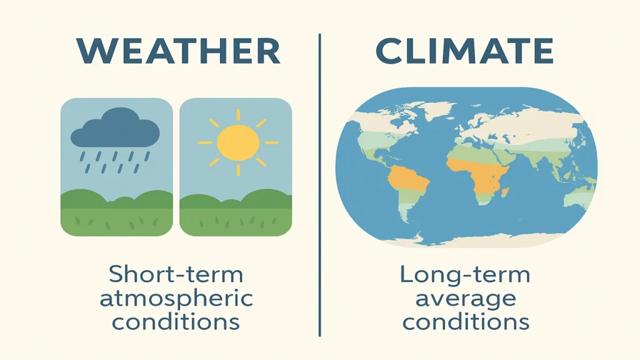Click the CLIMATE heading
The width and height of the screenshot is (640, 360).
coord(465,51)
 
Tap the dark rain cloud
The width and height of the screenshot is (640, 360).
coord(115,129)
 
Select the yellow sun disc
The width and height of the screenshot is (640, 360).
coord(237,142)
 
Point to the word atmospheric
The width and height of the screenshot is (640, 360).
coord(176,297)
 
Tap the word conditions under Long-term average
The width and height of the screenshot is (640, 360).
coord(465,321)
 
